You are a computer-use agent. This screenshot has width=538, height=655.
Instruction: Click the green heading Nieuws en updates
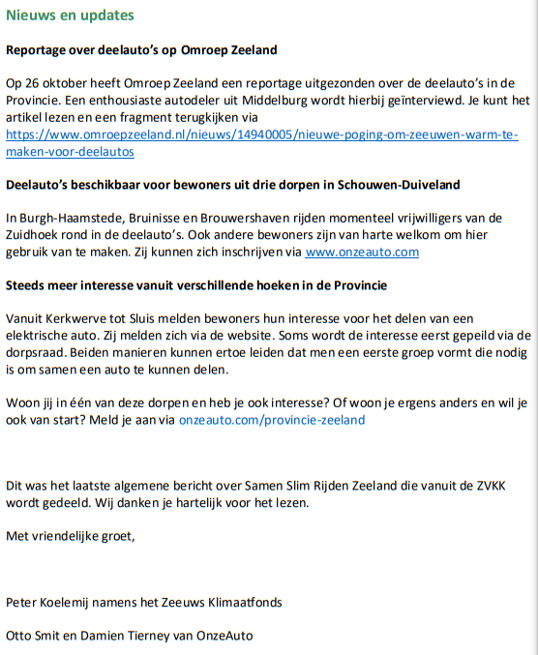[x=70, y=16]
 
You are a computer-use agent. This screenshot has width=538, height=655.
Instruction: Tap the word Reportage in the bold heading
[x=36, y=48]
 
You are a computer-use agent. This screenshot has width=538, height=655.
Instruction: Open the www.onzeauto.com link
[x=362, y=253]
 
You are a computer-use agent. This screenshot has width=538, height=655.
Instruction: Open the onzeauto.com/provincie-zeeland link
[x=272, y=420]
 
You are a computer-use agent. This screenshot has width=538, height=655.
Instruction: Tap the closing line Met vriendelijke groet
[x=71, y=536]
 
